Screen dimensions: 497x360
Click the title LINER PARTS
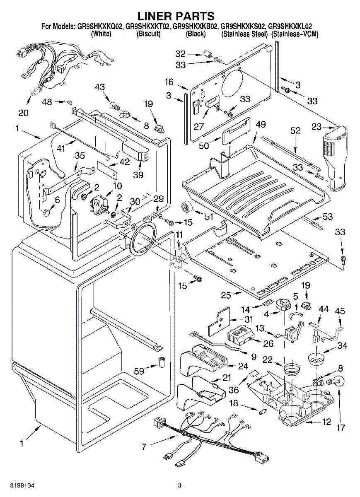click(x=176, y=16)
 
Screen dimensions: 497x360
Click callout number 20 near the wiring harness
click(x=24, y=113)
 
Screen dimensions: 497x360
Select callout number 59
click(x=139, y=371)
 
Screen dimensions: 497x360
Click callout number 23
click(x=317, y=127)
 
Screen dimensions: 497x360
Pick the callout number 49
click(x=261, y=125)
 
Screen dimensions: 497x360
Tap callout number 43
click(x=100, y=87)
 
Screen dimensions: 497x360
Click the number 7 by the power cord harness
click(x=144, y=447)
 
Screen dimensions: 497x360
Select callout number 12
click(x=326, y=422)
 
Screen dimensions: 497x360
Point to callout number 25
click(x=225, y=295)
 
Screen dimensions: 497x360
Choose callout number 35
click(x=80, y=156)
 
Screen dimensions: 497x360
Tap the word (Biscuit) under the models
click(x=148, y=34)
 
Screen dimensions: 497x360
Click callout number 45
click(x=340, y=310)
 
